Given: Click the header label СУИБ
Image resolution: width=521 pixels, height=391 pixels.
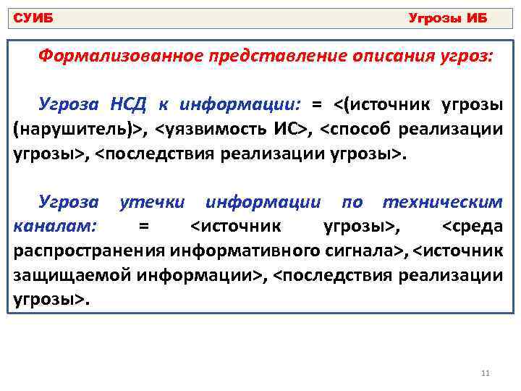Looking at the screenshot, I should pyautogui.click(x=33, y=17).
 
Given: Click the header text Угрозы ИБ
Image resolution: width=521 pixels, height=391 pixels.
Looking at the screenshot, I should pyautogui.click(x=448, y=17).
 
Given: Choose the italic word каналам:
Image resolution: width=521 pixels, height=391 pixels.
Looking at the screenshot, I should pyautogui.click(x=56, y=227).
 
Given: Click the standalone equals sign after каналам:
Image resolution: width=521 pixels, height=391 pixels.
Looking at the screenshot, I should pyautogui.click(x=143, y=227).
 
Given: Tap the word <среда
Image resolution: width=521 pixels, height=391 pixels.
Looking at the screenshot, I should pyautogui.click(x=472, y=227).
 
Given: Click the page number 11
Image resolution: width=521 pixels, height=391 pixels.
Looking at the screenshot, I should pyautogui.click(x=485, y=374).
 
